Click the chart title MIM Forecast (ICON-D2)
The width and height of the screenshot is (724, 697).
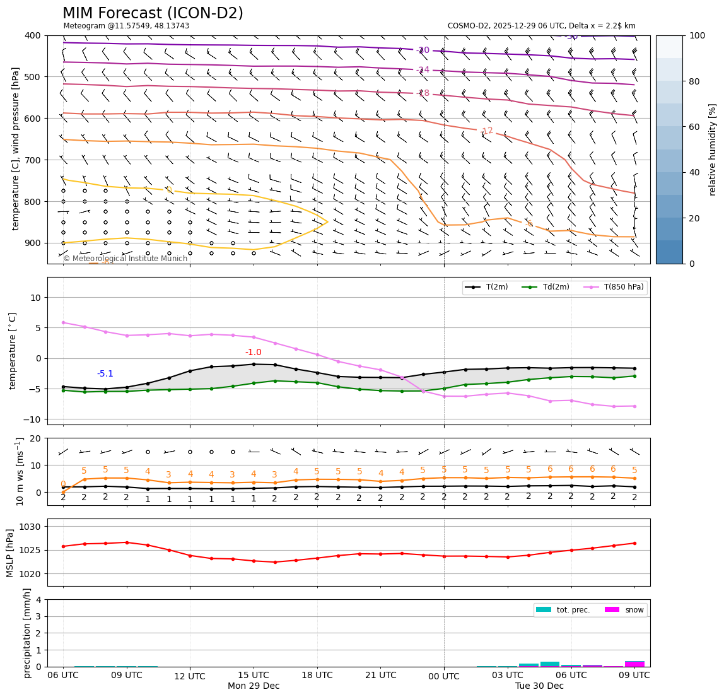pos(153,13)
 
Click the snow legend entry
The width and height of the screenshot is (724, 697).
pos(634,610)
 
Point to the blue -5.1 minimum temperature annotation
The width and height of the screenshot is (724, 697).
pos(105,373)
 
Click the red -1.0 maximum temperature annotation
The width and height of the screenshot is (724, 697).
pos(253,352)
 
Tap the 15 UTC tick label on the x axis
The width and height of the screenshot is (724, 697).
pos(254,676)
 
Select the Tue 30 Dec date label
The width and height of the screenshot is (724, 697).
pos(539,686)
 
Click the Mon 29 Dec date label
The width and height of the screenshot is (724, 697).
pos(254,686)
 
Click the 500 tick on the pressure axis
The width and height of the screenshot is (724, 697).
pos(32,77)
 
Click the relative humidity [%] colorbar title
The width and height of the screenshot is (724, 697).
pos(713,149)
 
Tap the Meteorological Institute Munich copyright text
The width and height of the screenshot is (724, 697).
pos(126,259)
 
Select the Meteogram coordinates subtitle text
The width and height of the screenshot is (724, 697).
pos(126,26)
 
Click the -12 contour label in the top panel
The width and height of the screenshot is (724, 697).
pos(486,131)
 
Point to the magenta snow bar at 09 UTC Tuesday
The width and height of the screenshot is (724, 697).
pos(634,664)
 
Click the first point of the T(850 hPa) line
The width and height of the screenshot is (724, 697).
pos(63,322)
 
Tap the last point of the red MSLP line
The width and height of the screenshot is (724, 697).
pos(634,543)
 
